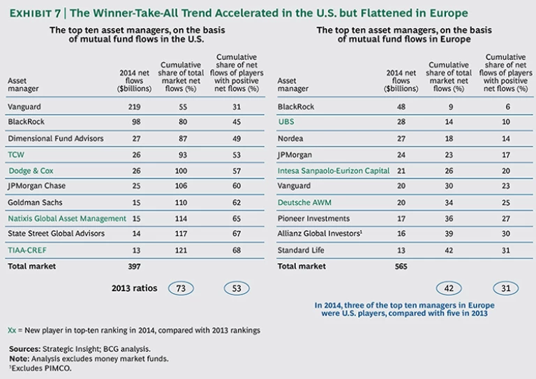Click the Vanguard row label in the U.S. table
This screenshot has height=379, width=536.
(25, 106)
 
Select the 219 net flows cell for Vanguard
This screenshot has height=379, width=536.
(136, 106)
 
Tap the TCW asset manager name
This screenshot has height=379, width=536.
(15, 154)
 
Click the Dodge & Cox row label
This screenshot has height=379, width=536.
(30, 170)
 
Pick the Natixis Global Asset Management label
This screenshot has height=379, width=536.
(67, 218)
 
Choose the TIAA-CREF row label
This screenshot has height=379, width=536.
(27, 250)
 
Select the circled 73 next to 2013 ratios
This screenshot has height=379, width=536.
(179, 288)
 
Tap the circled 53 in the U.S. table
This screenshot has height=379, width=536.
(237, 288)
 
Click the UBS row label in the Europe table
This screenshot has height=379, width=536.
(286, 122)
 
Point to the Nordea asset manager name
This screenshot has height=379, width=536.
(291, 138)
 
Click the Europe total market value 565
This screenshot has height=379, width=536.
(401, 267)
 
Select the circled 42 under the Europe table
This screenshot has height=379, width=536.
(450, 288)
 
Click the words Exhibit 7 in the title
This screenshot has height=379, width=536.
(35, 13)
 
